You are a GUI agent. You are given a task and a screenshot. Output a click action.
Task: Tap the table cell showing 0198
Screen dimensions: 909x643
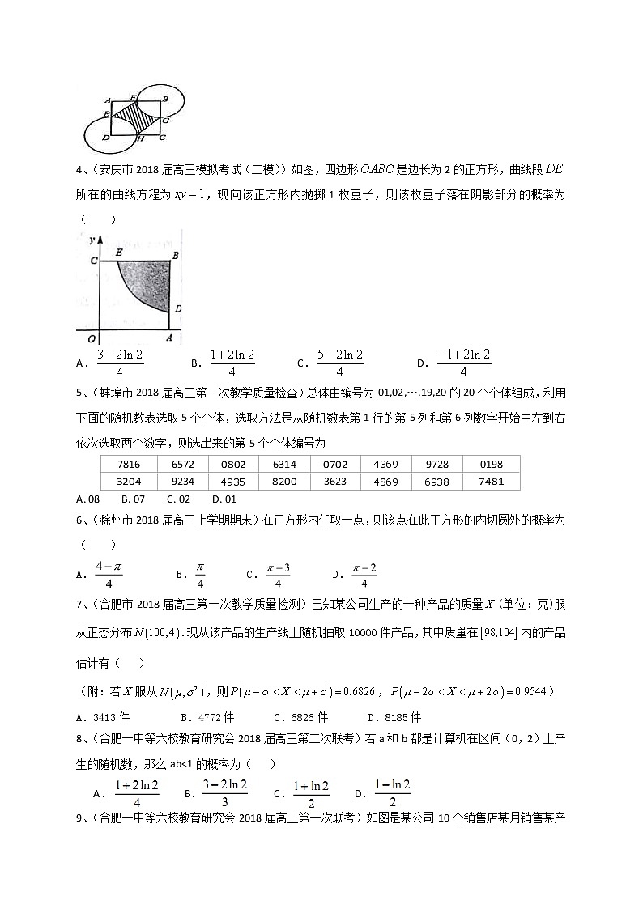pos(491,465)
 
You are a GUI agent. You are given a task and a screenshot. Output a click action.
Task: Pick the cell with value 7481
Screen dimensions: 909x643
pos(491,482)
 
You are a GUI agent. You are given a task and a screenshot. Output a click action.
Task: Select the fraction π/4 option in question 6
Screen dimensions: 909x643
pos(200,574)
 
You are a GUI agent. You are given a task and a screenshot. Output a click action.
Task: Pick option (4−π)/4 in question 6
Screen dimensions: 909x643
pos(108,574)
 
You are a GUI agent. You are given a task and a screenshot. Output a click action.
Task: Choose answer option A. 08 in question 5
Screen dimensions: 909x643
pos(87,499)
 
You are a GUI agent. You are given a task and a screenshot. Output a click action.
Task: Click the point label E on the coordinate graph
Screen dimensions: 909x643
pos(119,253)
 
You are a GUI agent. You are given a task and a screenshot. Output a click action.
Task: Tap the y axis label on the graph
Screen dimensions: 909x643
pos(93,240)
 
